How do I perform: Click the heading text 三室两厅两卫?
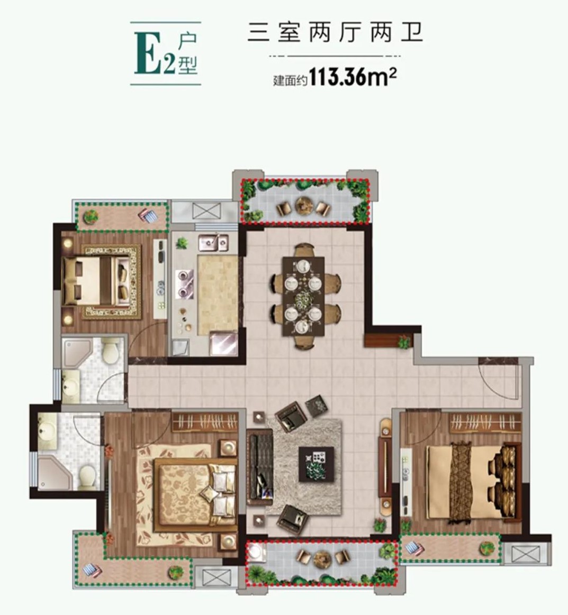(335, 33)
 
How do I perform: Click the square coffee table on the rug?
(317, 464)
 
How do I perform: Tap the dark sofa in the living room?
(260, 467)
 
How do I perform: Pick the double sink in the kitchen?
(213, 242)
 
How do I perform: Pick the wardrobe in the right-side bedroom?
(485, 423)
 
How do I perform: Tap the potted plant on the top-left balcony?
(91, 215)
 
